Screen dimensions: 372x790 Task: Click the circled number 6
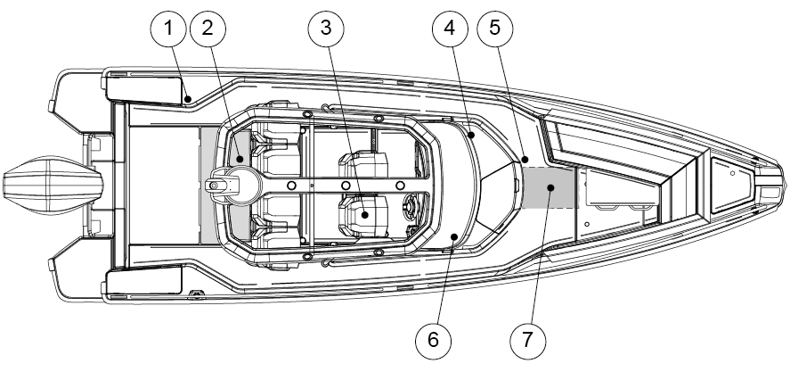(x=434, y=340)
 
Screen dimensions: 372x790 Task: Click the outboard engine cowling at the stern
(x=45, y=186)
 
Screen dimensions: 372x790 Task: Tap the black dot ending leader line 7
(x=551, y=187)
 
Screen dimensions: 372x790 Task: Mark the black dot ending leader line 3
(x=365, y=213)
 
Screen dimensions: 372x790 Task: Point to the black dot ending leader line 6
(x=454, y=237)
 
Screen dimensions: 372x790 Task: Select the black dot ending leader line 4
(x=470, y=136)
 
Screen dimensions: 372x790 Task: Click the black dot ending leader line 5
(x=525, y=160)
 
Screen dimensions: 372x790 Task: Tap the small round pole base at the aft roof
(x=216, y=185)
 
